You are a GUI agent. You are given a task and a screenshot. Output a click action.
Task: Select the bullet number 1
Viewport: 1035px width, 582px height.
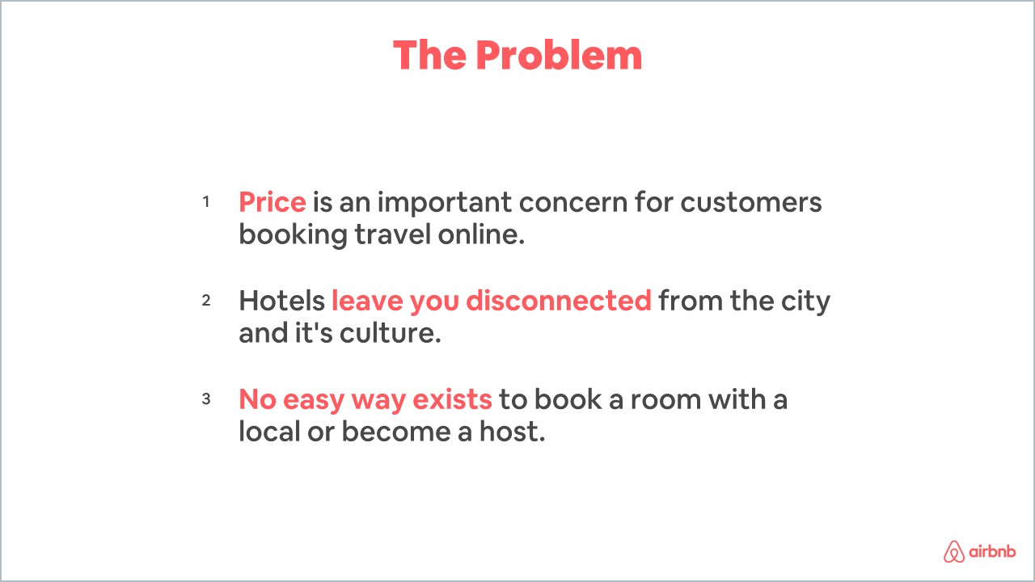point(206,201)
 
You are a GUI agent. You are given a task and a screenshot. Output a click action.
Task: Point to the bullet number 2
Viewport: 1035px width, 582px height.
point(206,300)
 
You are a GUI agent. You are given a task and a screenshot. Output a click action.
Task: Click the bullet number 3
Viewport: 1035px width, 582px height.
point(206,399)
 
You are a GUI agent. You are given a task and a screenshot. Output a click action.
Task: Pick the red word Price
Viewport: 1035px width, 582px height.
point(272,202)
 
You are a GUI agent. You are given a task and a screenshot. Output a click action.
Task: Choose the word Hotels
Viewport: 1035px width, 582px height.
point(281,301)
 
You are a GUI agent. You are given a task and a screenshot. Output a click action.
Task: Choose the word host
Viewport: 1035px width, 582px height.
point(516,432)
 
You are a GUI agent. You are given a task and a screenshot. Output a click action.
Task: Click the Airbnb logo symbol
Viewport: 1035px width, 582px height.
point(955,551)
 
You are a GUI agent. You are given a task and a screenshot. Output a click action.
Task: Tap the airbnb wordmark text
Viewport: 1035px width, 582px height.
point(993,552)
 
